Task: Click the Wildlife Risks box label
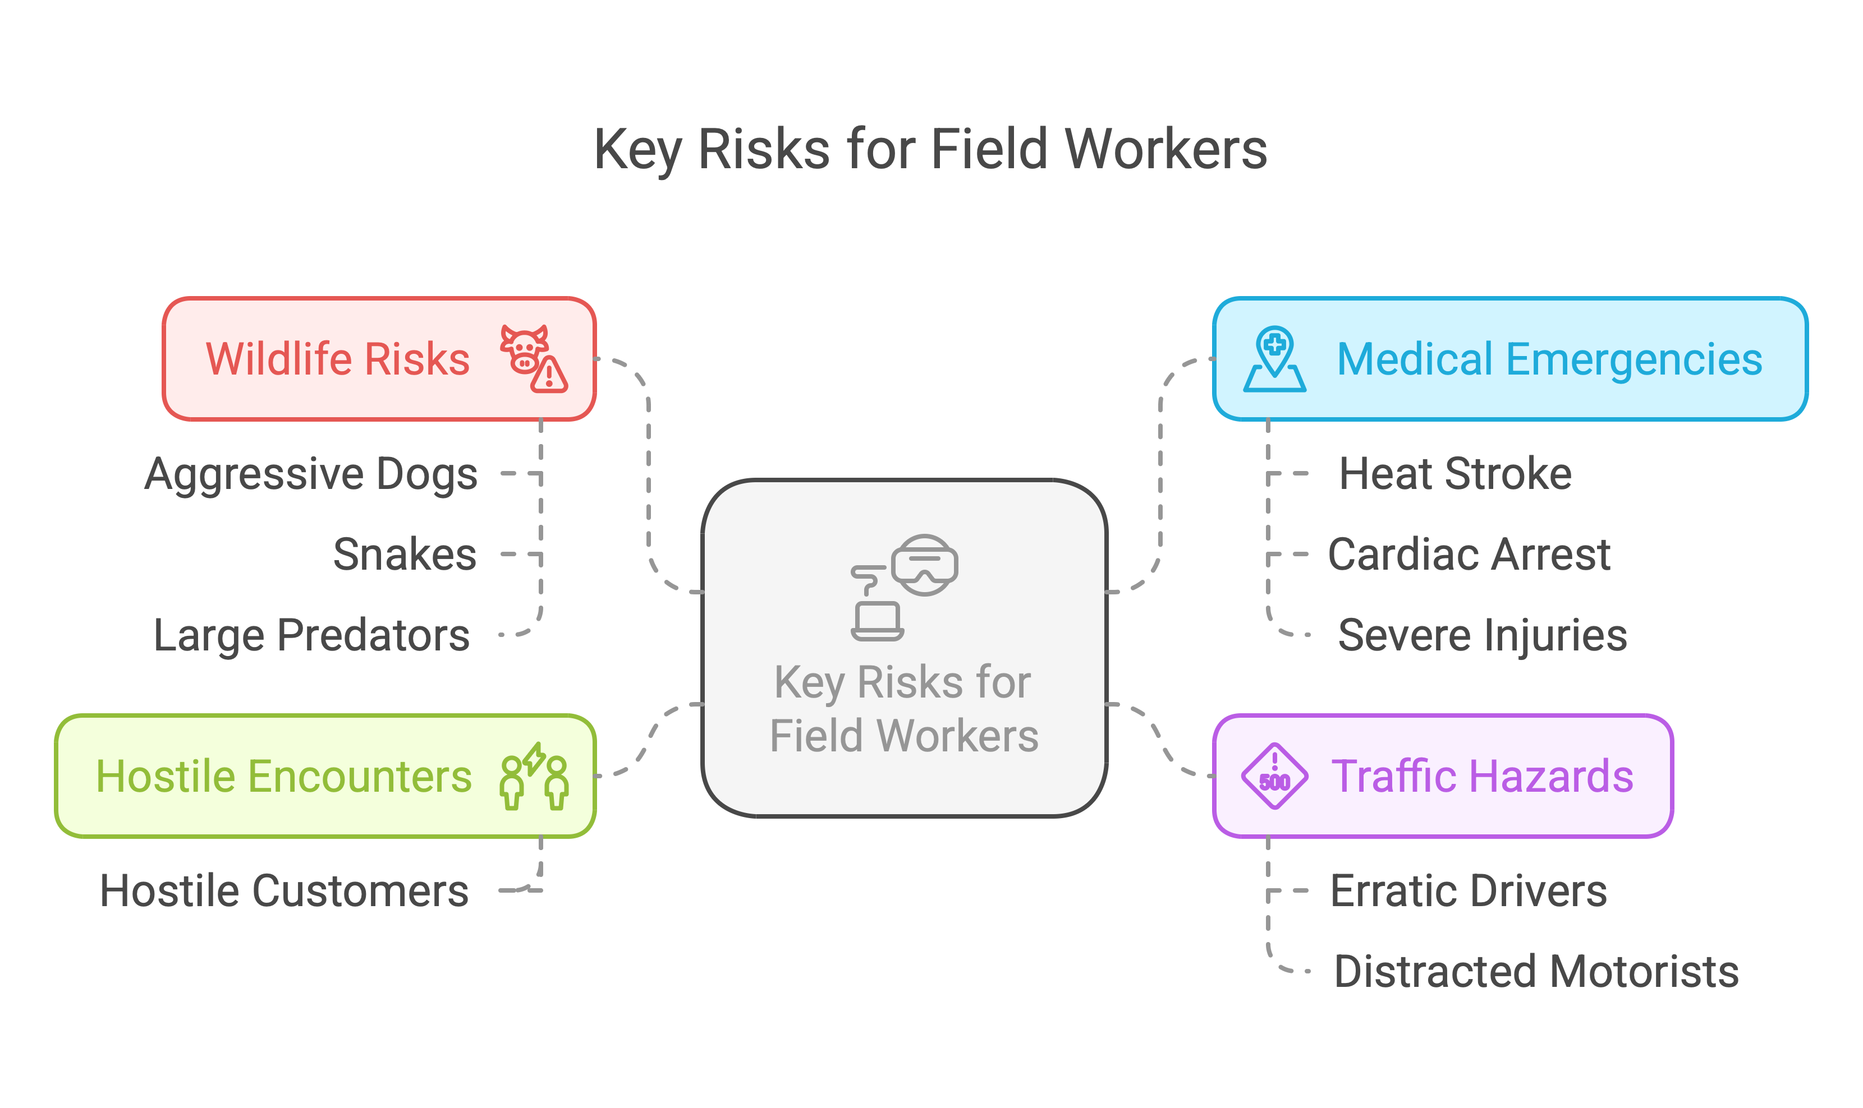pos(338,359)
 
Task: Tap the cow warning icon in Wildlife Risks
pos(533,359)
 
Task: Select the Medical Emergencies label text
pos(1549,359)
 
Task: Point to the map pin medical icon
pos(1274,359)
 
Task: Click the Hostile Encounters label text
pos(284,777)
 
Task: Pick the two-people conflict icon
pos(534,777)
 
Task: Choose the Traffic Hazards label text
pos(1482,777)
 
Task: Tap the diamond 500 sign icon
pos(1274,777)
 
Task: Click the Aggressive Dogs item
pos(311,474)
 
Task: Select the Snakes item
pos(404,555)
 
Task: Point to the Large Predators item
pos(311,635)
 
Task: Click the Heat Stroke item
pos(1455,474)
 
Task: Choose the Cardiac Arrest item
pos(1469,555)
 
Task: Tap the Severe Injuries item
pos(1482,635)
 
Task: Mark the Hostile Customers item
pos(285,891)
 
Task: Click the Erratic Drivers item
pos(1469,891)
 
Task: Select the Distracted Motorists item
pos(1536,971)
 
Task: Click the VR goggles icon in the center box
pos(925,565)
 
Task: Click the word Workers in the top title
pos(1165,149)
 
